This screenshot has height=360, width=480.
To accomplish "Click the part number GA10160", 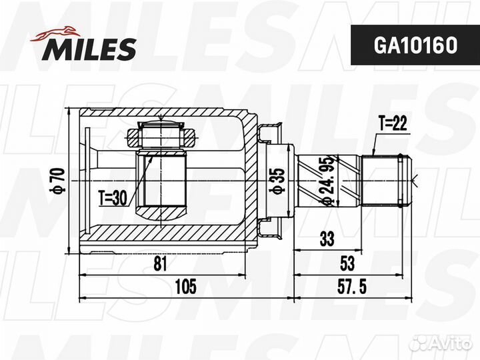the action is tap(415, 45).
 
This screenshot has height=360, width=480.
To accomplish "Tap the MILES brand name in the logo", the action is tap(89, 49).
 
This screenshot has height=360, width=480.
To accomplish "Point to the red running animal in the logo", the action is tap(55, 33).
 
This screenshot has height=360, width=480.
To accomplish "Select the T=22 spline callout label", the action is tap(393, 124).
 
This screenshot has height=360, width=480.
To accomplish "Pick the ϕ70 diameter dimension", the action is tap(58, 181).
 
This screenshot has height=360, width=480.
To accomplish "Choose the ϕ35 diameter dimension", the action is tap(277, 181).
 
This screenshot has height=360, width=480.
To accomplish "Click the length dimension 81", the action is tap(160, 263).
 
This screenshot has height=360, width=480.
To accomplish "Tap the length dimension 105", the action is tap(185, 287).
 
